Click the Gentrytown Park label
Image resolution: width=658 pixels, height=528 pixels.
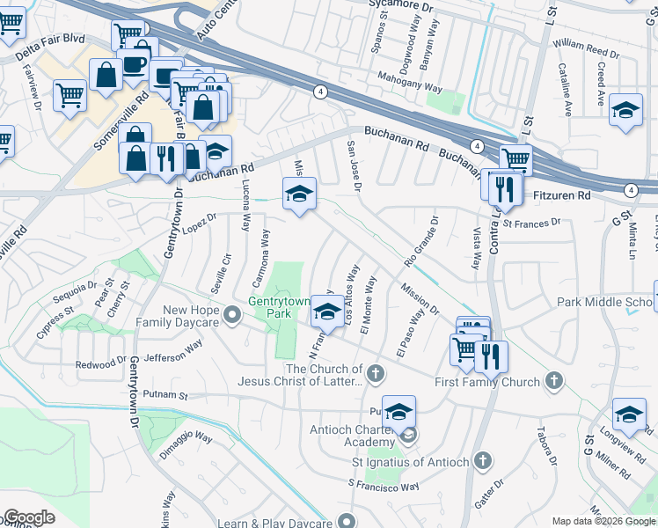[279, 308]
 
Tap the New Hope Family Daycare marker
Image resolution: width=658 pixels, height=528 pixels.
[232, 314]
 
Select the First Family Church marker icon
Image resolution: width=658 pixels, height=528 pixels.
[553, 381]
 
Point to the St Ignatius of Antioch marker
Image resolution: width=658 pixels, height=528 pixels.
[482, 460]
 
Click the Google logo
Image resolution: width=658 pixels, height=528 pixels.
[29, 517]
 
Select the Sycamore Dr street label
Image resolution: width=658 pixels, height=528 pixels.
[403, 4]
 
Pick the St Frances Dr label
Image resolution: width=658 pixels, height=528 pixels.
[531, 224]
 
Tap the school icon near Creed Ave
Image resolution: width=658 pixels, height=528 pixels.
[625, 110]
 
